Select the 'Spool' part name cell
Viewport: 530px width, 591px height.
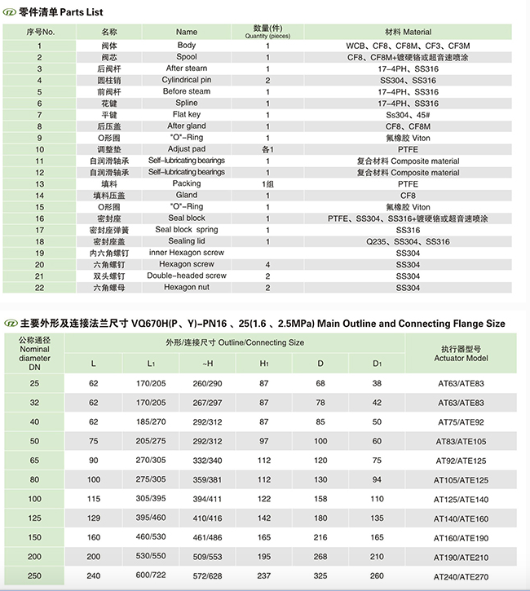[x=186, y=57]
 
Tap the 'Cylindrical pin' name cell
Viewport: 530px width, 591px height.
[x=186, y=80]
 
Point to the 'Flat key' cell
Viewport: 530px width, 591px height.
[x=186, y=115]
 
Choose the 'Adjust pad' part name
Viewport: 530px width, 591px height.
[x=186, y=149]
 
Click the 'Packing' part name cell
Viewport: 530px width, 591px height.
[x=186, y=184]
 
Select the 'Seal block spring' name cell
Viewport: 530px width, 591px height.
[x=186, y=230]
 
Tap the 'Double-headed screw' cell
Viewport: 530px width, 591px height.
[x=186, y=276]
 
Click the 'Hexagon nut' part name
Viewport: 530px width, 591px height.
[x=186, y=288]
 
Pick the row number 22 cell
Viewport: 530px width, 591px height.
[x=39, y=288]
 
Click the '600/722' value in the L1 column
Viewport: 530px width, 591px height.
[x=150, y=576]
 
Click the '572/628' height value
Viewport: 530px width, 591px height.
[x=208, y=576]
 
